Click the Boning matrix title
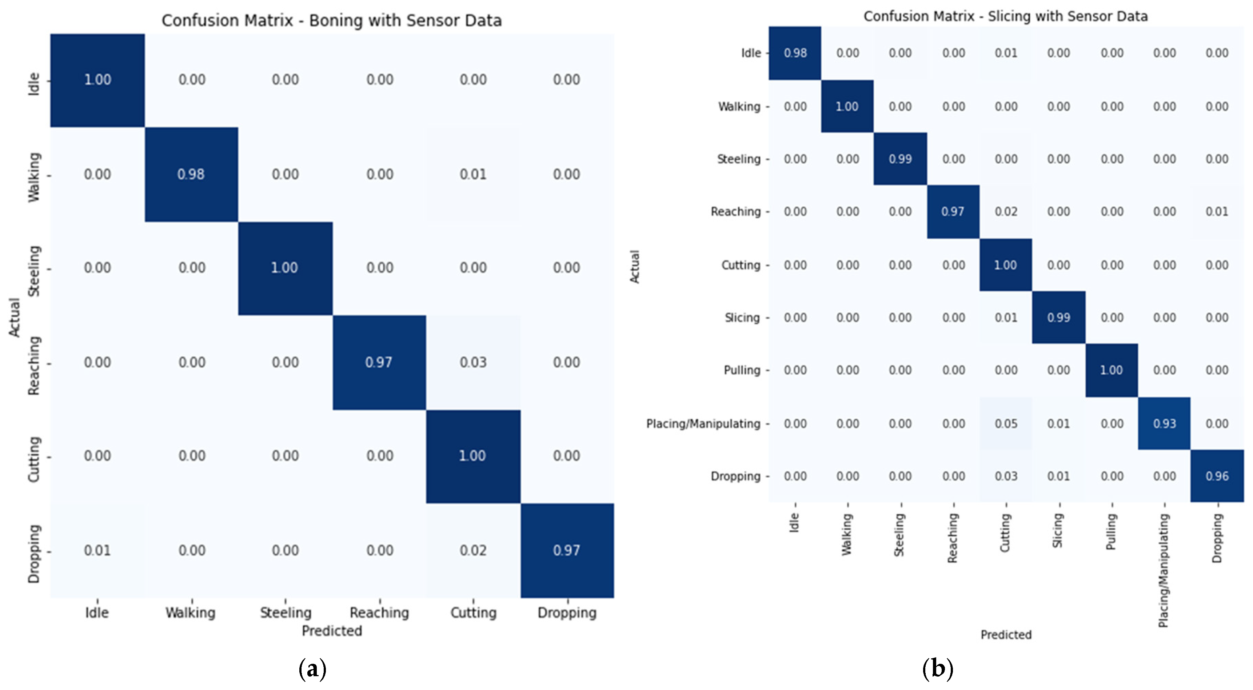pyautogui.click(x=331, y=20)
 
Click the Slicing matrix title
pyautogui.click(x=1005, y=16)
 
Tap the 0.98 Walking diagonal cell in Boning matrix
pyautogui.click(x=191, y=174)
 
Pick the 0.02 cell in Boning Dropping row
pyautogui.click(x=473, y=550)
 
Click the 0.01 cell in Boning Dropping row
pyautogui.click(x=97, y=550)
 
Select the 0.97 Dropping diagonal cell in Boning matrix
pyautogui.click(x=567, y=550)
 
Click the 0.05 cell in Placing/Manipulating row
pyautogui.click(x=1005, y=423)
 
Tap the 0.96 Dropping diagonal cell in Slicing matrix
pyautogui.click(x=1217, y=476)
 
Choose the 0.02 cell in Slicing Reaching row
pyautogui.click(x=1005, y=212)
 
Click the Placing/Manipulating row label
pyautogui.click(x=703, y=423)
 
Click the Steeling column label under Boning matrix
pyautogui.click(x=286, y=612)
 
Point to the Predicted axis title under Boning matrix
pyautogui.click(x=332, y=631)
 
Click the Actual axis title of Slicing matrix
pyautogui.click(x=635, y=266)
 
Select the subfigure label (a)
pyautogui.click(x=312, y=669)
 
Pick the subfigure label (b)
pyautogui.click(x=937, y=669)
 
